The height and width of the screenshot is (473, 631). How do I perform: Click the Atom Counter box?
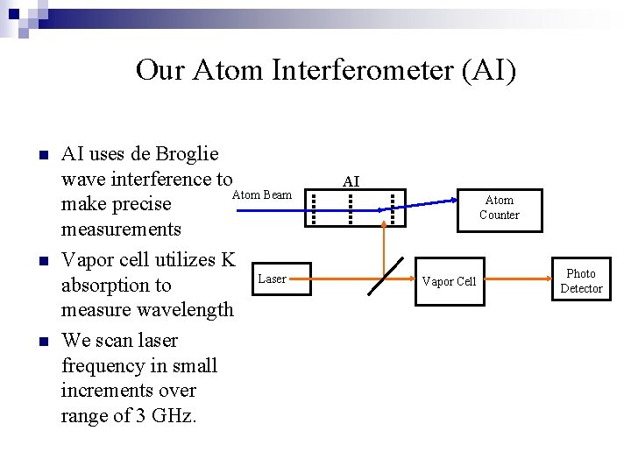500,208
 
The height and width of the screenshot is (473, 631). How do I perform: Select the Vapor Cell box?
449,281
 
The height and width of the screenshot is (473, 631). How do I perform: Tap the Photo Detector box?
581,281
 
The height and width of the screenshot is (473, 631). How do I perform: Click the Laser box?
272,279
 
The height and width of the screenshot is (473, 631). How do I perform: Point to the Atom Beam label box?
262,195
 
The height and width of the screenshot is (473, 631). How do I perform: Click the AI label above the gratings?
351,181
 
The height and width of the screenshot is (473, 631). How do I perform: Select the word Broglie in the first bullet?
187,154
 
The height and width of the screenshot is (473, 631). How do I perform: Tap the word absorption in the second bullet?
116,286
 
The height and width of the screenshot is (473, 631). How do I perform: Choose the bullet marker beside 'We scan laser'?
41,341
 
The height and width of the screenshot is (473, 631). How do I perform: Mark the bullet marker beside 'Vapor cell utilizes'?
41,260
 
